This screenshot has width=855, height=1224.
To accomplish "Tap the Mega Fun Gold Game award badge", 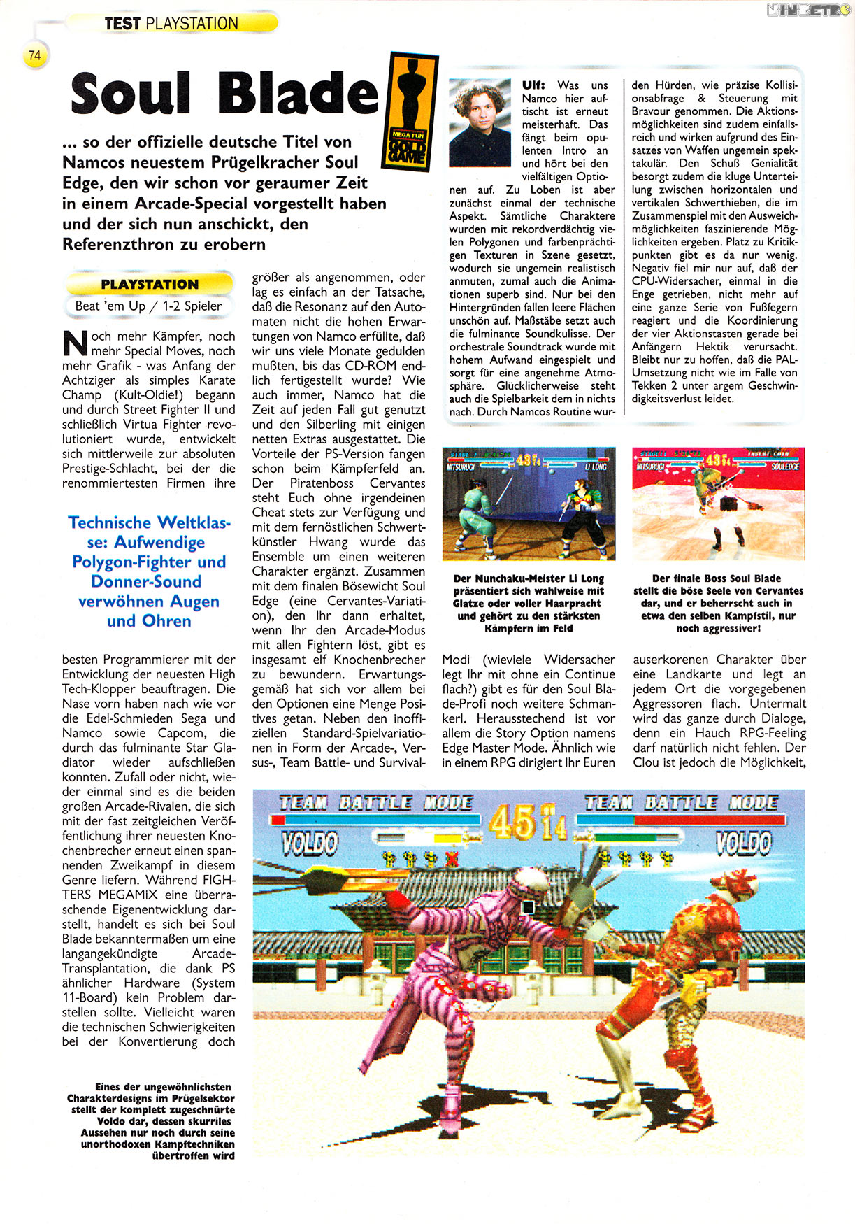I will pos(410,112).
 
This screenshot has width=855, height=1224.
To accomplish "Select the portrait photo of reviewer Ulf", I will pos(480,122).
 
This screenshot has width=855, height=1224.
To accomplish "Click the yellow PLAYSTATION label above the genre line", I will pos(149,284).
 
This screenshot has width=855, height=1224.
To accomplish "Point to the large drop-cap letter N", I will pos(75,343).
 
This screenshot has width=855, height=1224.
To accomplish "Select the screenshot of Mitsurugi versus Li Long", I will pos(529,504).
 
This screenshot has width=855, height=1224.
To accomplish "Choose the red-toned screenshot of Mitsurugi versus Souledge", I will pos(719,504).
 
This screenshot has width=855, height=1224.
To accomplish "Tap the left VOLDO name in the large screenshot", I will pos(309,844).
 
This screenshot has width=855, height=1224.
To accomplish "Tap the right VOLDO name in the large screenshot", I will pos(744,844).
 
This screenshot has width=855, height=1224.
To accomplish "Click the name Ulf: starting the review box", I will pos(533,85).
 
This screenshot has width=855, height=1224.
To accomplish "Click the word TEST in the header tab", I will pos(122,24).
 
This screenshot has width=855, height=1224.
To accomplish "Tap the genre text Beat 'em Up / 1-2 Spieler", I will pos(149,306).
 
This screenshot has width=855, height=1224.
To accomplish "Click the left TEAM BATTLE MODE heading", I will pos(376,803).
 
